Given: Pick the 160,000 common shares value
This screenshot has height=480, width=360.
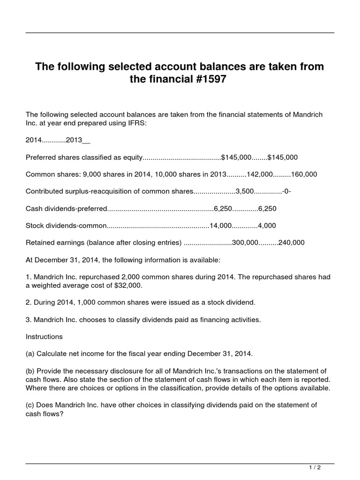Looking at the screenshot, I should tap(304, 174).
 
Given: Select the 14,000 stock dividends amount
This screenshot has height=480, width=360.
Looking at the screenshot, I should tap(221, 225).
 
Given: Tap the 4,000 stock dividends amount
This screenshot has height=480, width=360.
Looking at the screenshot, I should tap(267, 225).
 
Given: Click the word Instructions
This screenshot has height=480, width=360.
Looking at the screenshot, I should tap(44, 337).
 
